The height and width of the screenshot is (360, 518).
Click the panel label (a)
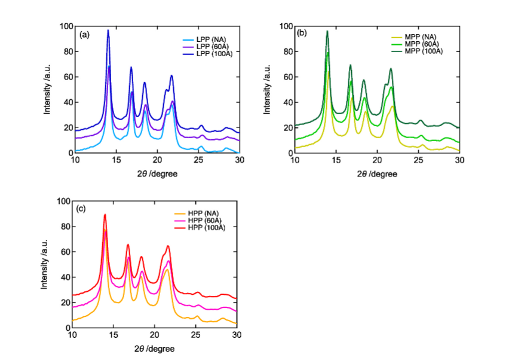[x=85, y=35]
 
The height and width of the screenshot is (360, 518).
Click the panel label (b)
[x=302, y=33]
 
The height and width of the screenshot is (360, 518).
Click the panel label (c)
[x=82, y=209]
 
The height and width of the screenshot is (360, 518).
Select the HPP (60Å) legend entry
[x=200, y=221]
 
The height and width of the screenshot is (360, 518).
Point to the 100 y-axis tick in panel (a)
[x=66, y=26]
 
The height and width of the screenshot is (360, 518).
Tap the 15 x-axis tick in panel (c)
[x=114, y=335]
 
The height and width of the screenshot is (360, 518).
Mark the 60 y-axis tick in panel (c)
[x=65, y=252]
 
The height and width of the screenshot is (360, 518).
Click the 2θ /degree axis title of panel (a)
[x=157, y=173]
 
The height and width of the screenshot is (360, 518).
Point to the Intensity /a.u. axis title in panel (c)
[x=45, y=264]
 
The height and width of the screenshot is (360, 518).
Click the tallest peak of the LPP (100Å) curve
[x=108, y=30]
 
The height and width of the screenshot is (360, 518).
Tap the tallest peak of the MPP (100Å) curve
[x=327, y=31]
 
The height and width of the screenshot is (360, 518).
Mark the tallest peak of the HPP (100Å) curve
[x=105, y=214]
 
